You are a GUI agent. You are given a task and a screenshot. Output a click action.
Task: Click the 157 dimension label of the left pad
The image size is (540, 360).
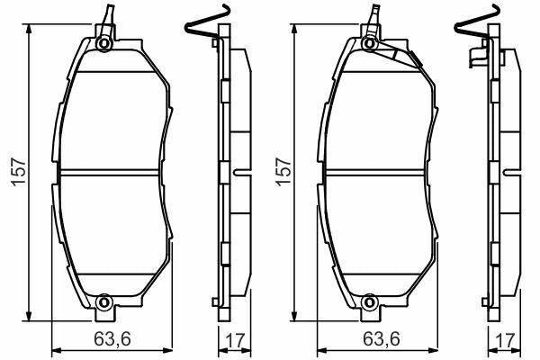(x=19, y=172)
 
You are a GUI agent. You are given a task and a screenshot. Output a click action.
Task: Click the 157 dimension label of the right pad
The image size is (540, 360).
(x=283, y=172)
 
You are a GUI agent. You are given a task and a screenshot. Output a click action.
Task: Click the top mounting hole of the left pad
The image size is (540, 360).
(x=103, y=43)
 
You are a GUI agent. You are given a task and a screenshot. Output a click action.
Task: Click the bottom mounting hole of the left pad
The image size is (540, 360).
(x=103, y=302)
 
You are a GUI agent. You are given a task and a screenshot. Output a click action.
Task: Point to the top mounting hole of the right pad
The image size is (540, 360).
(x=370, y=43)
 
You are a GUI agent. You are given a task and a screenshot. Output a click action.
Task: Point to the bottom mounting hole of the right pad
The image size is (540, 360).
(x=370, y=302)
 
